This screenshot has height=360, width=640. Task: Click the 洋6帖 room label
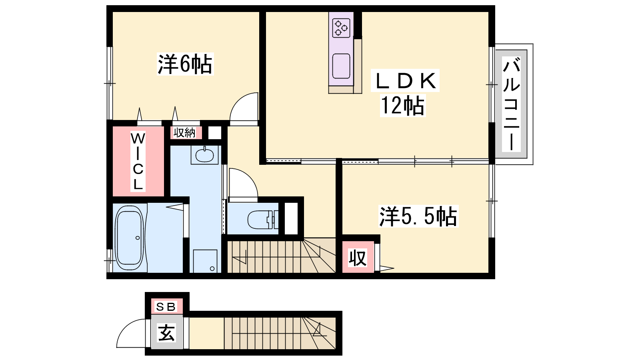tap(185, 64)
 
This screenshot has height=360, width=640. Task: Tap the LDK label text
tap(405, 80)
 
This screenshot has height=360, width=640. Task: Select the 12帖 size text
tap(403, 106)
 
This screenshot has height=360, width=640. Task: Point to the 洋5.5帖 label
tap(418, 216)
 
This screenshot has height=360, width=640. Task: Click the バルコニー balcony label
tap(512, 104)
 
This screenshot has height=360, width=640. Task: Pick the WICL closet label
tap(138, 162)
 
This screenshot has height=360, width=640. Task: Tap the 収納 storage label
tap(184, 133)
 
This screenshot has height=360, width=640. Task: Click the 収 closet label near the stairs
tap(358, 258)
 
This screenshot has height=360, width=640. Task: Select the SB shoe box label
tap(166, 307)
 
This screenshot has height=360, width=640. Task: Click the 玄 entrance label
tap(166, 332)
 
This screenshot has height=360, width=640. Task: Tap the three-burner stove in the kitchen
tap(341, 28)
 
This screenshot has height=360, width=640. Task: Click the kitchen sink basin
tap(341, 66)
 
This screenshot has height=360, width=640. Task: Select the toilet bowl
tap(260, 220)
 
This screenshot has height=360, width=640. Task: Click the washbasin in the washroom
tap(204, 155)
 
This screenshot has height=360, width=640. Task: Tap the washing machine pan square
tap(205, 261)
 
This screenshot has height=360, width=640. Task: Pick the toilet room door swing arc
tap(248, 177)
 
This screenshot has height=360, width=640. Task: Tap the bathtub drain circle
tap(138, 238)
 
